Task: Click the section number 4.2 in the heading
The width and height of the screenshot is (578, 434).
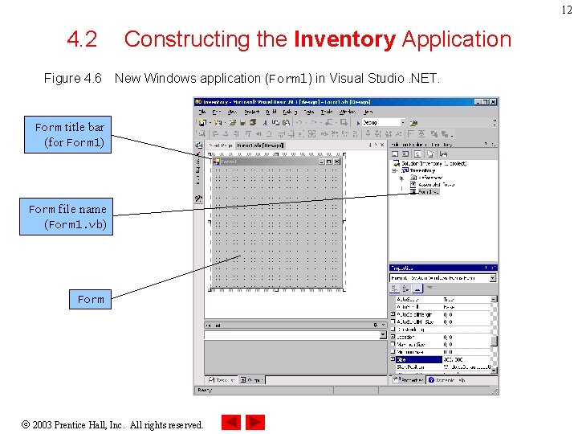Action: coord(82,39)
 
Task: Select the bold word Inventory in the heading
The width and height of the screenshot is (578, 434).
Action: coord(345,39)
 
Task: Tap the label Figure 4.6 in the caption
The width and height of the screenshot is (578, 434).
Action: coord(72,79)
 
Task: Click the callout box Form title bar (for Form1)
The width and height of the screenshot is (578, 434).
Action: coord(70,135)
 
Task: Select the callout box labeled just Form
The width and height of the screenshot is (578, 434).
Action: coord(91,299)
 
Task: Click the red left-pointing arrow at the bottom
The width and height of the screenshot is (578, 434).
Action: coord(231,422)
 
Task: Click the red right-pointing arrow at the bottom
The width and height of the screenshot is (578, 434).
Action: coord(255,422)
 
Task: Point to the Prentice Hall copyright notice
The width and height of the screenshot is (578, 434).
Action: coord(118,424)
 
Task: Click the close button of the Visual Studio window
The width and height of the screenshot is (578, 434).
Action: coord(493,102)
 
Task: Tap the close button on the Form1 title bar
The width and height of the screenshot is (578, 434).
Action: coord(340,162)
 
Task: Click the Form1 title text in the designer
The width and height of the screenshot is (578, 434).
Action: coord(230,162)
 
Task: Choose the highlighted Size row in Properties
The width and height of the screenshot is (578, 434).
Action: coord(417,359)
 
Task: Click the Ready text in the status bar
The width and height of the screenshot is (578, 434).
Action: coord(204,390)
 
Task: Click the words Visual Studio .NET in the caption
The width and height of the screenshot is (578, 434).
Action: coord(397,79)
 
